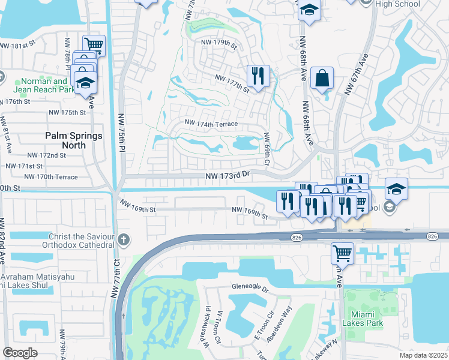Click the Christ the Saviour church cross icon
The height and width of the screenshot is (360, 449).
[x=124, y=240]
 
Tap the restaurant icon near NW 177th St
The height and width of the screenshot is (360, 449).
[x=258, y=76]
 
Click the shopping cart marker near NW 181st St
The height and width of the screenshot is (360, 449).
[x=94, y=44]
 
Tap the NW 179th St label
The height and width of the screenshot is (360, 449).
[x=220, y=43]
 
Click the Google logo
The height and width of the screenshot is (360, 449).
[x=20, y=353]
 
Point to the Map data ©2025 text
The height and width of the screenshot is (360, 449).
[x=424, y=355]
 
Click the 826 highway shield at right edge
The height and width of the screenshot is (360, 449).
[x=432, y=237]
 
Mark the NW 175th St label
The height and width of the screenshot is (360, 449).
[x=67, y=112]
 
